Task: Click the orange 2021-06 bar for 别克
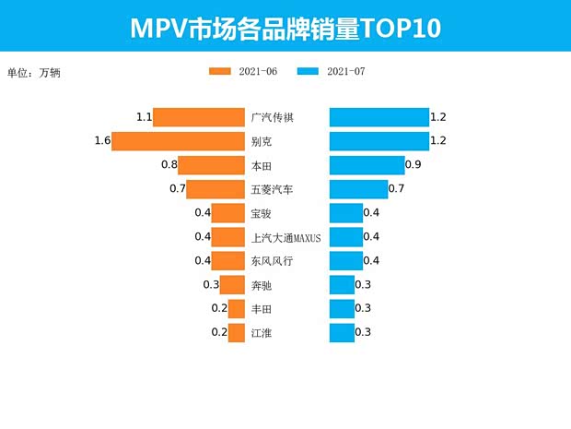[x=178, y=141]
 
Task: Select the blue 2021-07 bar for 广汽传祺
[x=379, y=117]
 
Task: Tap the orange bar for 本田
[x=211, y=165]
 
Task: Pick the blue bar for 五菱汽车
[x=358, y=189]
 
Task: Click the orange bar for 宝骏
[x=227, y=213]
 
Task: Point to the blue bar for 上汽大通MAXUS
[x=345, y=237]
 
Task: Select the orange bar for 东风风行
[x=227, y=261]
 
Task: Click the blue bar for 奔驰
[x=342, y=284]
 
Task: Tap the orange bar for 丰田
[x=236, y=308]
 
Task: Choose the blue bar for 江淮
[x=342, y=332]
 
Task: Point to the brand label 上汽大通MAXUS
[x=285, y=237]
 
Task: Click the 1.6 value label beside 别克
[x=102, y=141]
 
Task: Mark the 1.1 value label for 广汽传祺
[x=144, y=117]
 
